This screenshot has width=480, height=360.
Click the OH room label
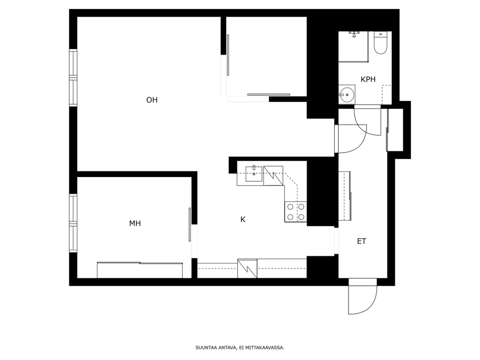(x=152, y=100)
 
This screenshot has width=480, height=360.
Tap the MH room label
(x=135, y=223)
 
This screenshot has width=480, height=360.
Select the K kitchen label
(x=243, y=220)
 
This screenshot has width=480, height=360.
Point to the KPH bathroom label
(x=368, y=79)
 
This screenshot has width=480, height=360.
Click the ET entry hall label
(x=362, y=241)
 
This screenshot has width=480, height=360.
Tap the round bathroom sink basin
(x=346, y=94)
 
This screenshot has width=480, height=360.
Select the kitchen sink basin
(x=254, y=174)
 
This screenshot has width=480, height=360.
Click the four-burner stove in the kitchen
(x=296, y=212)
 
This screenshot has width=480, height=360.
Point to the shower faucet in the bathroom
(x=354, y=34)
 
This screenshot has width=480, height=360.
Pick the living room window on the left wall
(x=73, y=78)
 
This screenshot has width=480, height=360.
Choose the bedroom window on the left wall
(x=73, y=223)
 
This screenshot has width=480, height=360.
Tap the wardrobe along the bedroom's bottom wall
(x=140, y=270)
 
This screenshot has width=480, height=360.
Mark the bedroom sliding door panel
(x=190, y=224)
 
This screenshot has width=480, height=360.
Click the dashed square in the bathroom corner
(x=387, y=95)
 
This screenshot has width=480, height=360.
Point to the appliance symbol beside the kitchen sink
(x=273, y=176)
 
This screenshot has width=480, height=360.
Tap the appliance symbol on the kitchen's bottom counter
(x=247, y=268)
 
